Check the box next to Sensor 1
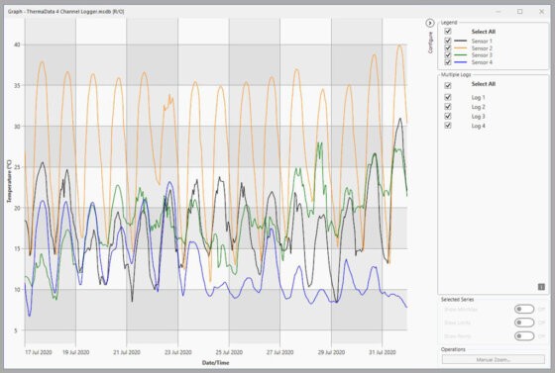tap(448, 41)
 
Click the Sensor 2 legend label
tap(483, 48)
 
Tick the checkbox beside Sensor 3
tap(448, 55)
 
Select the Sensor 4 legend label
tap(483, 62)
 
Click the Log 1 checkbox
tap(448, 98)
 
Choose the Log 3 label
tap(478, 117)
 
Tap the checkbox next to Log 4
tap(448, 126)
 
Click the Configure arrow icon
tap(430, 22)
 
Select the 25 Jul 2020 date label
tap(242, 351)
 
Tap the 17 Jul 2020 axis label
tap(39, 351)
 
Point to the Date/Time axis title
tap(216, 363)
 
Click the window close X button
tap(540, 11)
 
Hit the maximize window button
tap(519, 11)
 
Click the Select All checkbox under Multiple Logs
tap(448, 85)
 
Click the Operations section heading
tap(454, 349)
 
